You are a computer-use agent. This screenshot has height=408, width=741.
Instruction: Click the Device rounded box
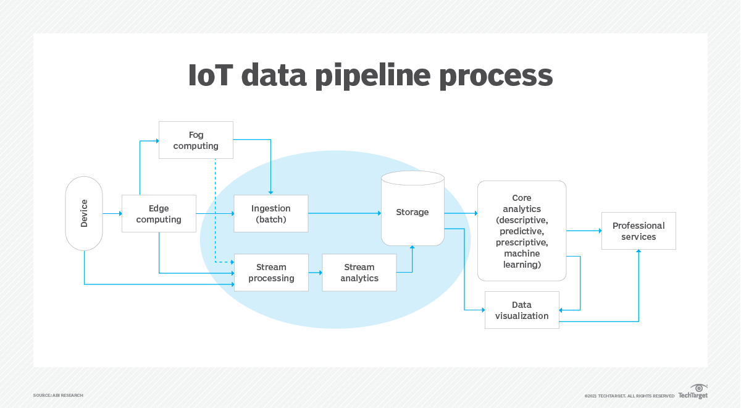point(84,213)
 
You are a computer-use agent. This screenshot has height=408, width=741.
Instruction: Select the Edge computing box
point(159,214)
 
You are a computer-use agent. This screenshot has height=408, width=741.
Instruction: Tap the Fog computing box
point(196,140)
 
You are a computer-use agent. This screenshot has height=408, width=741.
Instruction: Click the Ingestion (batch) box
point(270,214)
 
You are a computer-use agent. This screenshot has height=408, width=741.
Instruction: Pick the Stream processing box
point(271,273)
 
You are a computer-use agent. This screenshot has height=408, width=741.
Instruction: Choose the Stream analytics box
point(359,273)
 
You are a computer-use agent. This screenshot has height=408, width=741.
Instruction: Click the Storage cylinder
point(412,212)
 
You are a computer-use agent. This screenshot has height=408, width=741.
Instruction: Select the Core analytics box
point(521,231)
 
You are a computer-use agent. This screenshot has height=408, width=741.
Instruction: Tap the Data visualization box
point(521,310)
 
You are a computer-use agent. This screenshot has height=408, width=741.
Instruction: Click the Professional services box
point(638,231)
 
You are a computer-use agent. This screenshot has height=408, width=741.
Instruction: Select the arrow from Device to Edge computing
point(112,213)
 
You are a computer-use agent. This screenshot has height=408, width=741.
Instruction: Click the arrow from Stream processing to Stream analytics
point(315,273)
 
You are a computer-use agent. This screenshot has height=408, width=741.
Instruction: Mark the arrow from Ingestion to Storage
point(344,213)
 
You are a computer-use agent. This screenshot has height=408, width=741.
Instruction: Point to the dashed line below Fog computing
point(215,204)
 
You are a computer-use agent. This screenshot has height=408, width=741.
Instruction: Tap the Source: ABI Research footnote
point(58,395)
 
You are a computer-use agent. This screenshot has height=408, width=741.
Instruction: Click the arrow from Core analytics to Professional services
point(584,231)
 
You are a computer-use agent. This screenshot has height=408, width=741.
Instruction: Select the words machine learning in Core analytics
point(522,259)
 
